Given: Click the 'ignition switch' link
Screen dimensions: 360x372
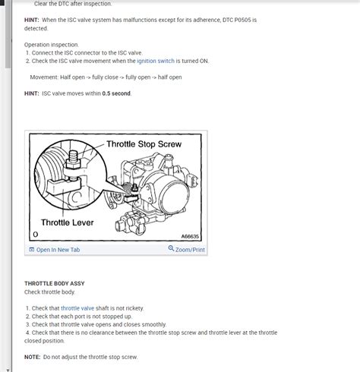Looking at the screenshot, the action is coord(156,61).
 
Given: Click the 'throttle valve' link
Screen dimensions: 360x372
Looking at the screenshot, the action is coord(77,308).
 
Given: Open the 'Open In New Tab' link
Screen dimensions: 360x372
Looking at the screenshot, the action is coord(58,250).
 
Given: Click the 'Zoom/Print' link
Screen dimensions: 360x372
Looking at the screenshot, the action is coord(190,250).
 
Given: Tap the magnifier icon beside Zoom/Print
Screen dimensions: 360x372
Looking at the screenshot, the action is coord(171,248).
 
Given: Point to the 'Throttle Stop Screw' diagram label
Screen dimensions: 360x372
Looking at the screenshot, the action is coord(144,144).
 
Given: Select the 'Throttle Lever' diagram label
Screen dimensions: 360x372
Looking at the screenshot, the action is coord(68,222).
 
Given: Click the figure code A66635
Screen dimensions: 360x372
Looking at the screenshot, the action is coord(190,236).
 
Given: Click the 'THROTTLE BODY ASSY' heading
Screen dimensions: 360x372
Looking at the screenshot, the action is coord(55,283).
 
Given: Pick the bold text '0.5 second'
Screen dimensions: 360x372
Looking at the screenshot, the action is coord(116,93).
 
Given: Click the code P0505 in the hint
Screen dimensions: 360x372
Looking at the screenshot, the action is coord(242,20).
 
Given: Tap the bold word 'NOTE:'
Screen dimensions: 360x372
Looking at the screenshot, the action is coord(33,357).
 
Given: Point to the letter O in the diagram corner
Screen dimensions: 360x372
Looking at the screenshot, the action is coord(36,235).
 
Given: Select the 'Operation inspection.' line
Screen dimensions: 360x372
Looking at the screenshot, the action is coord(52,45).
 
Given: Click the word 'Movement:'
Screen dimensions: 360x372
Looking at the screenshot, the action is coord(44,77).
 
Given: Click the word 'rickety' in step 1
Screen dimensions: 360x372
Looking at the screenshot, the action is coord(134,308).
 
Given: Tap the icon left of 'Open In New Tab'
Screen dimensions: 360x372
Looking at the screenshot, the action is coord(32,250).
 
